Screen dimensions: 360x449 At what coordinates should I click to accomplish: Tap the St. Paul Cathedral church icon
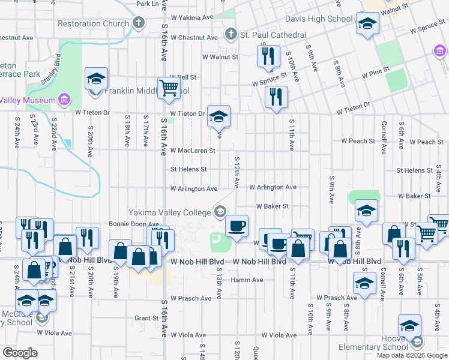tap(229, 35)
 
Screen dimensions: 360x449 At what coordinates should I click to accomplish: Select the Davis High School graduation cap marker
tap(367, 24)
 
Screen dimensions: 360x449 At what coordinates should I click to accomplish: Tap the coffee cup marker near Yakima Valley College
tap(237, 227)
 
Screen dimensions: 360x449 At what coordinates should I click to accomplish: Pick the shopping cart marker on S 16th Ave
tap(169, 88)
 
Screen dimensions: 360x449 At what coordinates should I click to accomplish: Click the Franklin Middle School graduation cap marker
tap(96, 79)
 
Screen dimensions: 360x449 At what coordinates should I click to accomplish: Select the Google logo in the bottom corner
tap(20, 353)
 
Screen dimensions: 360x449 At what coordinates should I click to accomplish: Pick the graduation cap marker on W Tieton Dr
tap(218, 116)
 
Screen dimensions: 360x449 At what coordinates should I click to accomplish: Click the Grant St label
tap(146, 318)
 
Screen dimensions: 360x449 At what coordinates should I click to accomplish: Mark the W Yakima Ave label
tap(192, 17)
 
